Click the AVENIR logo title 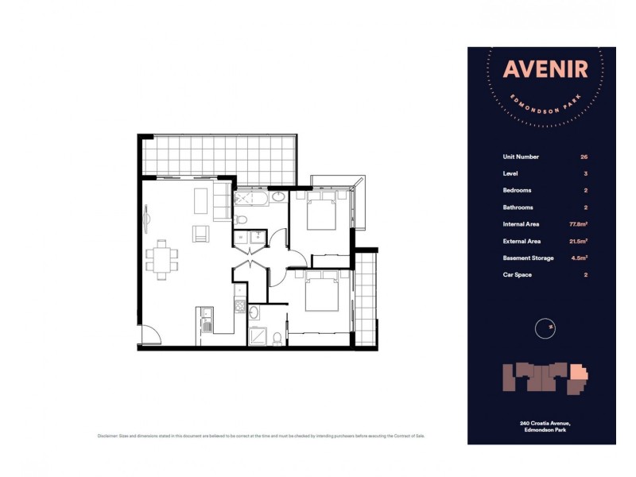click(x=545, y=70)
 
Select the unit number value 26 click(x=584, y=157)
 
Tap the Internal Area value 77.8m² click(x=580, y=224)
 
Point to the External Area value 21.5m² click(x=580, y=241)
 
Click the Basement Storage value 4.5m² click(x=581, y=258)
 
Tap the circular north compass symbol click(x=545, y=327)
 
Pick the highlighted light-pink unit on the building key click(x=580, y=373)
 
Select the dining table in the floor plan click(x=162, y=260)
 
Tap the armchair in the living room click(x=202, y=234)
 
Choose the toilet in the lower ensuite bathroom click(x=276, y=339)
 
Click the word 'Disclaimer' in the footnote click(x=107, y=436)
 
